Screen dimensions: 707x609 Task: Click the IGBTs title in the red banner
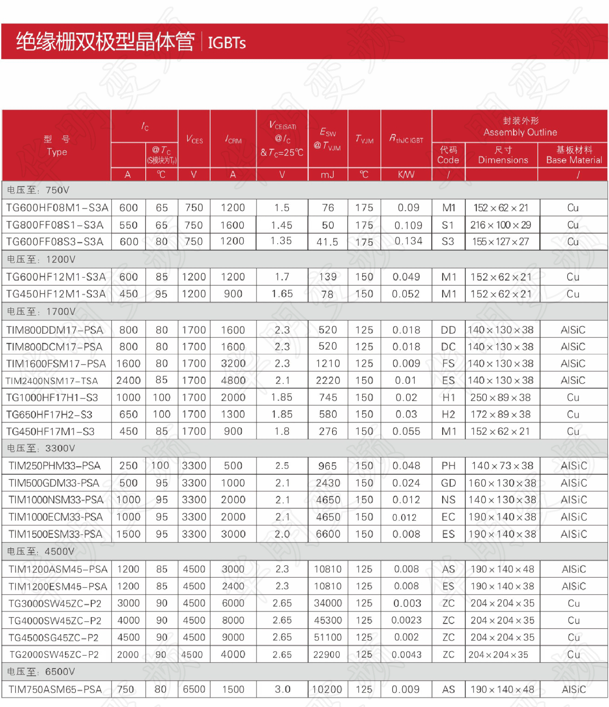(x=227, y=43)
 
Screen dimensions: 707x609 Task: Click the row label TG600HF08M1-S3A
(x=57, y=208)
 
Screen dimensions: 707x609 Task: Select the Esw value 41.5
(x=327, y=242)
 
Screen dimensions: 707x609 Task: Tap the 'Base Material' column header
(x=574, y=160)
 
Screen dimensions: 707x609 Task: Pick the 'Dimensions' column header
(x=503, y=160)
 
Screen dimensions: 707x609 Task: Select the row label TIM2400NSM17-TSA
(x=52, y=381)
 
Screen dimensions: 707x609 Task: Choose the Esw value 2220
(x=328, y=380)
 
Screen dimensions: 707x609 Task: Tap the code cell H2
(x=448, y=414)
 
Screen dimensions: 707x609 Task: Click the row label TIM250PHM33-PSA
(x=54, y=466)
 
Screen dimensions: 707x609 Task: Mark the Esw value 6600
(x=328, y=534)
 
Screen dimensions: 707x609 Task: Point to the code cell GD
(x=448, y=483)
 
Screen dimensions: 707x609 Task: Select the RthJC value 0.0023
(x=406, y=620)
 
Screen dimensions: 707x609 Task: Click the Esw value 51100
(x=328, y=637)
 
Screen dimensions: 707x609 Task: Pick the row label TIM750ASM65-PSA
(x=55, y=690)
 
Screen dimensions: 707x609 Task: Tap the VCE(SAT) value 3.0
(x=282, y=690)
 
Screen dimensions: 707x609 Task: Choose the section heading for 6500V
(x=41, y=672)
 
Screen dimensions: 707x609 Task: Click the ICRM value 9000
(x=233, y=637)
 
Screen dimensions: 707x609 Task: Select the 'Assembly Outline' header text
(x=520, y=132)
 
